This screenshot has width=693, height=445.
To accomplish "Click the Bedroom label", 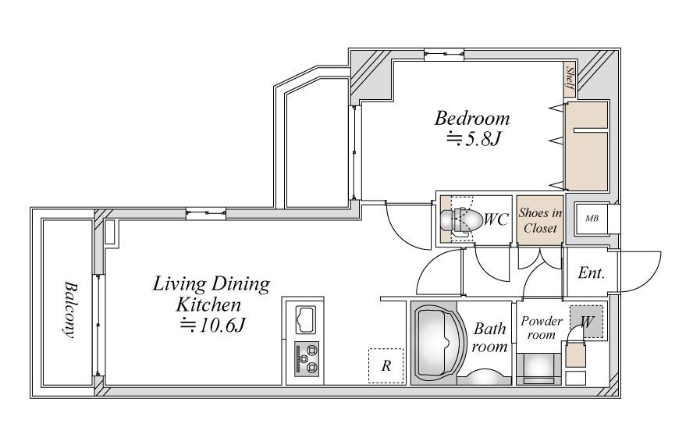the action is pyautogui.click(x=472, y=119).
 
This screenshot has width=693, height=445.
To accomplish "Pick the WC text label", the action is pyautogui.click(x=496, y=219).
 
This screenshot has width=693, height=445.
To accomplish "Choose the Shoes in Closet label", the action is pyautogui.click(x=540, y=220).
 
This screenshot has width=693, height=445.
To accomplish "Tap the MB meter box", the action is pyautogui.click(x=592, y=218).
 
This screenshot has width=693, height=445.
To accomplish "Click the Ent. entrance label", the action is pyautogui.click(x=592, y=273).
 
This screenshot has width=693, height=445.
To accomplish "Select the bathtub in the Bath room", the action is pyautogui.click(x=439, y=344).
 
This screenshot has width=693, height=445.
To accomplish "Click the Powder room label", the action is pyautogui.click(x=542, y=328).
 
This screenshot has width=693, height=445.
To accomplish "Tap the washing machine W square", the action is pyautogui.click(x=586, y=322).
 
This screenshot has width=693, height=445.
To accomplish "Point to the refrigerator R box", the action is pyautogui.click(x=386, y=366).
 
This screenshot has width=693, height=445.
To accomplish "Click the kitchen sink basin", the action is pyautogui.click(x=305, y=320).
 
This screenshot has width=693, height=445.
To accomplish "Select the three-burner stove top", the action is pyautogui.click(x=306, y=359).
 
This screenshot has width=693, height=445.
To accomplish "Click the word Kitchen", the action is pyautogui.click(x=209, y=305).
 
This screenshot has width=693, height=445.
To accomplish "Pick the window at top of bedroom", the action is pyautogui.click(x=444, y=55).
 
